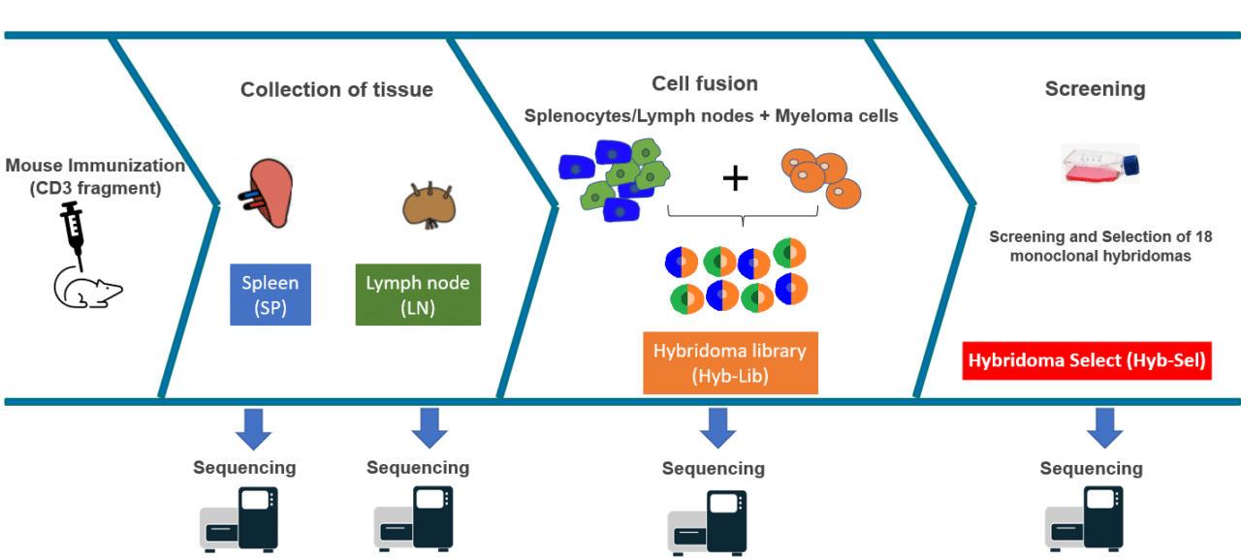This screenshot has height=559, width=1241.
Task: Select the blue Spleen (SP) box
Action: pyautogui.click(x=270, y=294)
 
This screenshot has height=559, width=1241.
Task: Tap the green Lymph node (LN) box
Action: pyautogui.click(x=418, y=294)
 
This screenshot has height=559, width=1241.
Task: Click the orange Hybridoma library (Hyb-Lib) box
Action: pyautogui.click(x=730, y=362)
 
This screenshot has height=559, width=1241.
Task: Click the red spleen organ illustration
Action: pyautogui.click(x=267, y=193)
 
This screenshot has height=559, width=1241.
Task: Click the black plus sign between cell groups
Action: pyautogui.click(x=736, y=176)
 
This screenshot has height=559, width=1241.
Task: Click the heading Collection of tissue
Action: pyautogui.click(x=336, y=90)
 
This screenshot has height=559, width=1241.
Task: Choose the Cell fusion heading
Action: pyautogui.click(x=705, y=83)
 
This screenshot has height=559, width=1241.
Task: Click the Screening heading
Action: pyautogui.click(x=1095, y=89)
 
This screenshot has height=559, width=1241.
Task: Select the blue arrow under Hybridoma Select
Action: pyautogui.click(x=1104, y=427)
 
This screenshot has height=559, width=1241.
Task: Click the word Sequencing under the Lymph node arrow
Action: pyautogui.click(x=418, y=468)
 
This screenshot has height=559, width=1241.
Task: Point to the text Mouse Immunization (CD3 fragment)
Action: pyautogui.click(x=94, y=176)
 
